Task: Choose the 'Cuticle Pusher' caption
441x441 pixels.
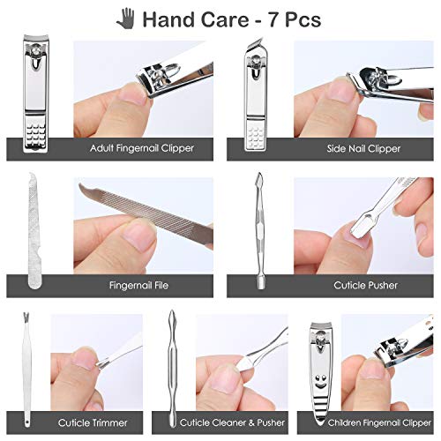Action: click(x=366, y=285)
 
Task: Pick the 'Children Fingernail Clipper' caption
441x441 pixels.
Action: click(x=370, y=422)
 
